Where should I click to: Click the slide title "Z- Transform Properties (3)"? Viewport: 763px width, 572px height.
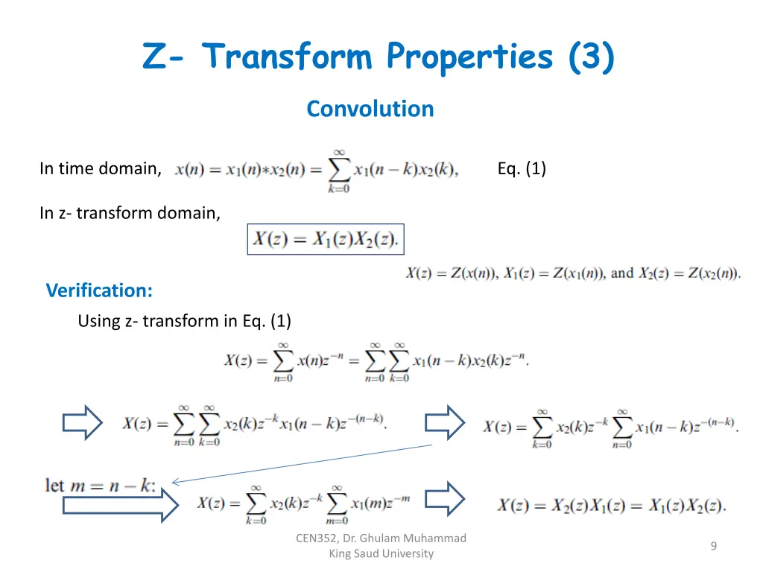point(379,57)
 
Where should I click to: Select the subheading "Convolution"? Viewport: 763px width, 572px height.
point(370,109)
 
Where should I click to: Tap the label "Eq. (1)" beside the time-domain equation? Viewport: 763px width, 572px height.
point(522,169)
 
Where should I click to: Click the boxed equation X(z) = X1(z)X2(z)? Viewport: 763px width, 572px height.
point(326,239)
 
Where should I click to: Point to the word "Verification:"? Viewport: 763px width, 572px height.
point(99,290)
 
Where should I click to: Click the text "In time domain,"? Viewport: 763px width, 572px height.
point(101,169)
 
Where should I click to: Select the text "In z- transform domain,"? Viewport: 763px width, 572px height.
point(130,214)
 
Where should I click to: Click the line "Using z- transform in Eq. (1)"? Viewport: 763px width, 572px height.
point(184,321)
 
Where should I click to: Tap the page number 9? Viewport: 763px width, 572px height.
point(713,547)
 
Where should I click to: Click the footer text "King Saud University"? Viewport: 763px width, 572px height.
point(381,553)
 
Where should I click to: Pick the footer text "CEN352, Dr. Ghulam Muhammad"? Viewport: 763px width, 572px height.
point(381,538)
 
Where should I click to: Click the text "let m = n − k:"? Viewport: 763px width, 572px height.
point(101,486)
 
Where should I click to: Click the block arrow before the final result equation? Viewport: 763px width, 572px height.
point(445,498)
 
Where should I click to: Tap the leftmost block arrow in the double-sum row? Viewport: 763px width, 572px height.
point(82,423)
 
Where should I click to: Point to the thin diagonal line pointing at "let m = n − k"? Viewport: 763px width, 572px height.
point(302,463)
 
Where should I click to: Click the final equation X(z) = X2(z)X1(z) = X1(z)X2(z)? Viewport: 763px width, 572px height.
point(611,506)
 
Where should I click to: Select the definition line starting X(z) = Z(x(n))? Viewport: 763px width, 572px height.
point(573,273)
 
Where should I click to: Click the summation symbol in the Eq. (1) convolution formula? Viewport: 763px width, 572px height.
point(339,170)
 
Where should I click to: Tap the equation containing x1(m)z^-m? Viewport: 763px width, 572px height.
point(303,504)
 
